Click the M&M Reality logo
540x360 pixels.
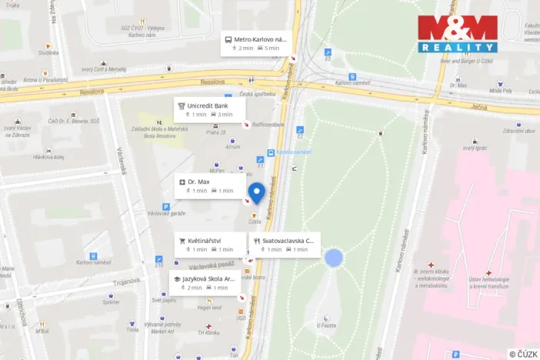click(458, 33)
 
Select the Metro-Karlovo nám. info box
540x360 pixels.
click(255, 43)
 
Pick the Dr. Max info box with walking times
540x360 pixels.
click(206, 185)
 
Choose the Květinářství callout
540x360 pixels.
click(206, 245)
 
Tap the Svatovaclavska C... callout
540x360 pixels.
click(282, 245)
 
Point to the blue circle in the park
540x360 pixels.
click(333, 258)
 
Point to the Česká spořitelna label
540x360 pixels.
click(256, 94)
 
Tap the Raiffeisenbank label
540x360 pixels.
click(269, 124)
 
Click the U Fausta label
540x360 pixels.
click(326, 325)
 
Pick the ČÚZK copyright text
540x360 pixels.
click(522, 353)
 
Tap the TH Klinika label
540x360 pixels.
click(208, 332)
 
